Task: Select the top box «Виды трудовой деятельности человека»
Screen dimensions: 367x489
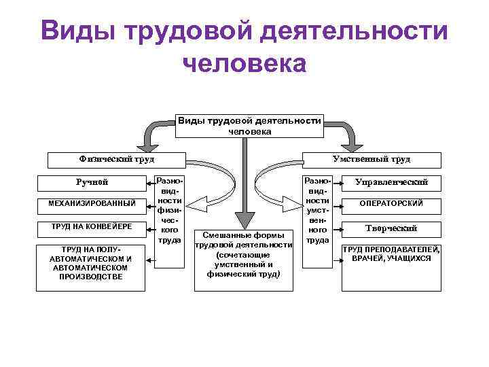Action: [x=249, y=125]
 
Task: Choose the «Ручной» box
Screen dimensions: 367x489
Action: [x=91, y=181]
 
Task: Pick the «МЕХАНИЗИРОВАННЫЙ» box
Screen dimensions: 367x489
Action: [x=91, y=203]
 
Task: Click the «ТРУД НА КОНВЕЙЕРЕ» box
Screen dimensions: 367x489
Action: [x=91, y=226]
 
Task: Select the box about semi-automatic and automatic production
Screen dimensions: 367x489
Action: [x=91, y=263]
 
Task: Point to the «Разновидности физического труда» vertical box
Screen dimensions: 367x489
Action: [x=168, y=211]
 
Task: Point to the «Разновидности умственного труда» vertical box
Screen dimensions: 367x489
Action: [x=317, y=211]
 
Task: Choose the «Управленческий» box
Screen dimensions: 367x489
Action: [x=391, y=182]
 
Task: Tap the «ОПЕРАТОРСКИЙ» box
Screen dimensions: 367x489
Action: [x=391, y=203]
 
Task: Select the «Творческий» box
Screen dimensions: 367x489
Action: [x=391, y=228]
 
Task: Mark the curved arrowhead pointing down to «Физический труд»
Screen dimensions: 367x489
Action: [x=145, y=143]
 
